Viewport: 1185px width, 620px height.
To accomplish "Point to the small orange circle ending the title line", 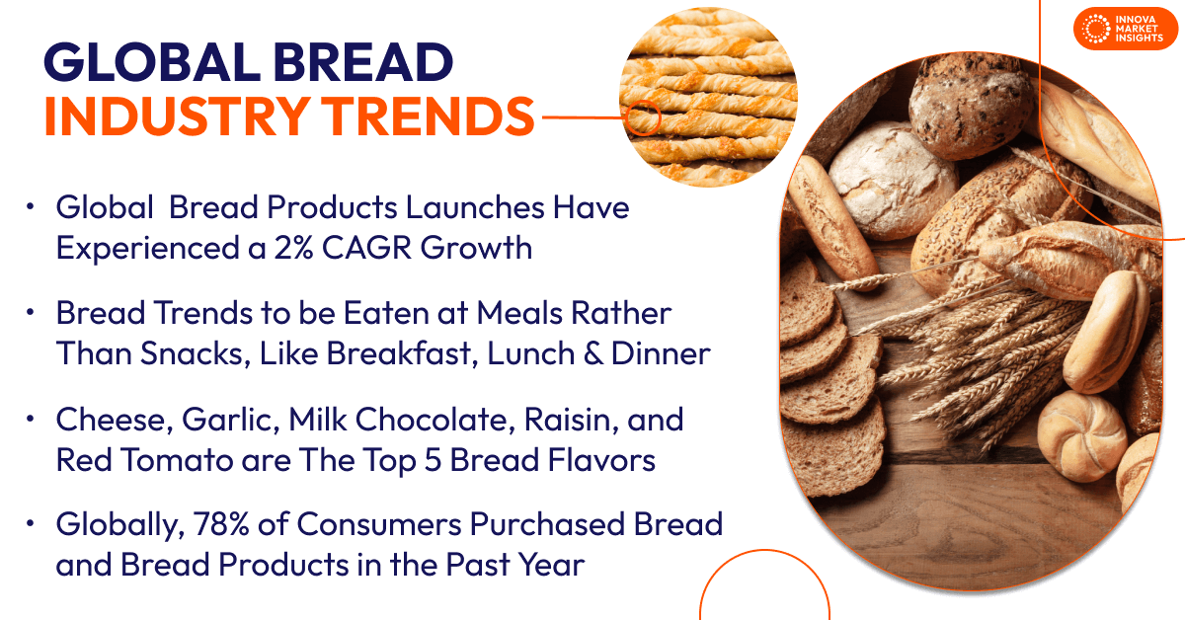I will point(644,117).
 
